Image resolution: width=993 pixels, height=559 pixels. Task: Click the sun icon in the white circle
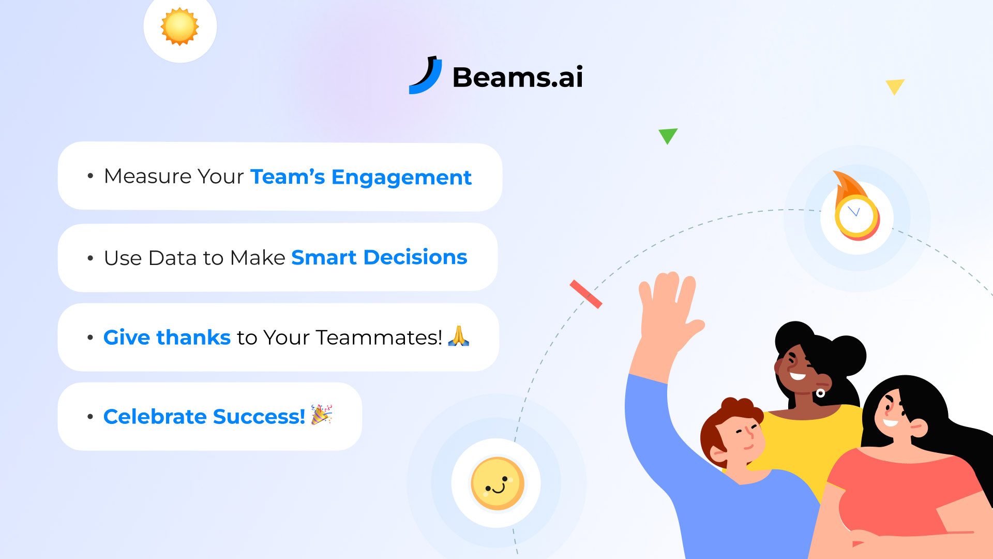tap(179, 26)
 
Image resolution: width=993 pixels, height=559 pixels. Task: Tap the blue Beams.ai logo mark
tap(426, 77)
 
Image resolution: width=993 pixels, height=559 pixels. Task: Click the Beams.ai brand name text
tap(518, 78)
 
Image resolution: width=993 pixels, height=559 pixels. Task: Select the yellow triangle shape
tap(894, 86)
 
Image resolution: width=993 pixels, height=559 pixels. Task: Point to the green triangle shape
tap(668, 135)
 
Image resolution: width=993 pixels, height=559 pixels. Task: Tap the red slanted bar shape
tap(586, 294)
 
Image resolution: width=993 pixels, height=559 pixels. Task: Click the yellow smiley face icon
tap(497, 483)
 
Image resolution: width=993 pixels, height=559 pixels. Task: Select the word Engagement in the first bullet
tap(401, 178)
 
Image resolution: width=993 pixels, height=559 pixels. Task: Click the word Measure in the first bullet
tap(148, 176)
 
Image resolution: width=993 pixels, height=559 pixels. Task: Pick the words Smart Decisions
tap(379, 258)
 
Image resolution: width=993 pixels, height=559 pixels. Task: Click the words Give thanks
tap(167, 337)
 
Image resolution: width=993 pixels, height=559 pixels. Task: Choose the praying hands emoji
tap(458, 336)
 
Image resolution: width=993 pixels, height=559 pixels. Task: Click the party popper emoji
tap(321, 415)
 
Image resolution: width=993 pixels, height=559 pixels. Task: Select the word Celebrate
tap(155, 417)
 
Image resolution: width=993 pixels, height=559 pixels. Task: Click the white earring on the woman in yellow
tap(820, 393)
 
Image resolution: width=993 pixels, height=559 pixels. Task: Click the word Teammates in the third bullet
tap(379, 337)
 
